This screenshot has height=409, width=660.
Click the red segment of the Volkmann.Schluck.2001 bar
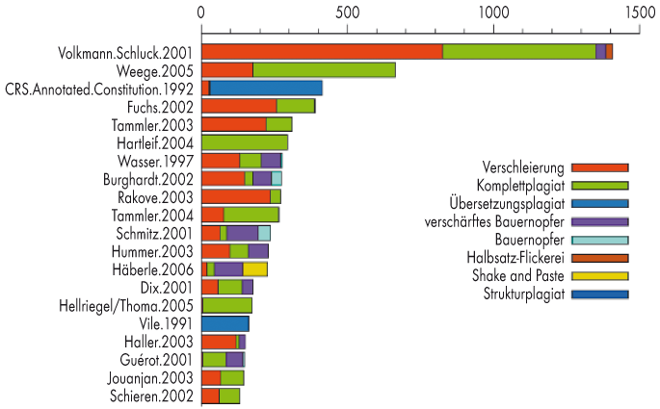[322, 52]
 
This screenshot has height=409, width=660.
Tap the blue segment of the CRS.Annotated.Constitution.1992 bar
[266, 88]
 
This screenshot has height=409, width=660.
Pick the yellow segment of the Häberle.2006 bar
[255, 268]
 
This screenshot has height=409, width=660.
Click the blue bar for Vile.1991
[224, 323]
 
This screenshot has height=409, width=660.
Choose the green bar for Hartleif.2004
[245, 142]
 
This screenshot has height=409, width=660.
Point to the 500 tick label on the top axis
[347, 13]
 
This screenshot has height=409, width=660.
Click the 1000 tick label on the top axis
[492, 13]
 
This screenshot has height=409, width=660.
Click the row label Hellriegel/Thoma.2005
[128, 305]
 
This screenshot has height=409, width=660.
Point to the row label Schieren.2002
[154, 396]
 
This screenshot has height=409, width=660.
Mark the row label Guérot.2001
[160, 359]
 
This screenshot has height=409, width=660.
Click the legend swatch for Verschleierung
[599, 167]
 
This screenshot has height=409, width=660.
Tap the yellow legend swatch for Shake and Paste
[599, 276]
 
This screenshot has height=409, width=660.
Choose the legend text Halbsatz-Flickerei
[512, 258]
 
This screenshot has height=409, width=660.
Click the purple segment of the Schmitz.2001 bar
[242, 233]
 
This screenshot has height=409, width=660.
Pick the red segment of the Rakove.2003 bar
[236, 196]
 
